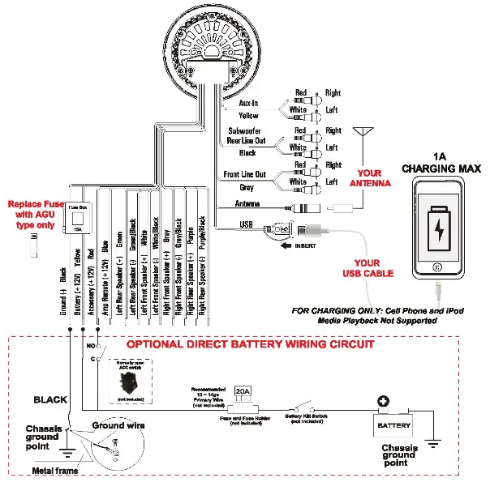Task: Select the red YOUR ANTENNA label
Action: [x=368, y=178]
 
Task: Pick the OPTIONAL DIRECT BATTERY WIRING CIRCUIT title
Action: [x=251, y=343]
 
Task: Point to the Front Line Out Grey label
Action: [x=243, y=180]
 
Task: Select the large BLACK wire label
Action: [x=50, y=399]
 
